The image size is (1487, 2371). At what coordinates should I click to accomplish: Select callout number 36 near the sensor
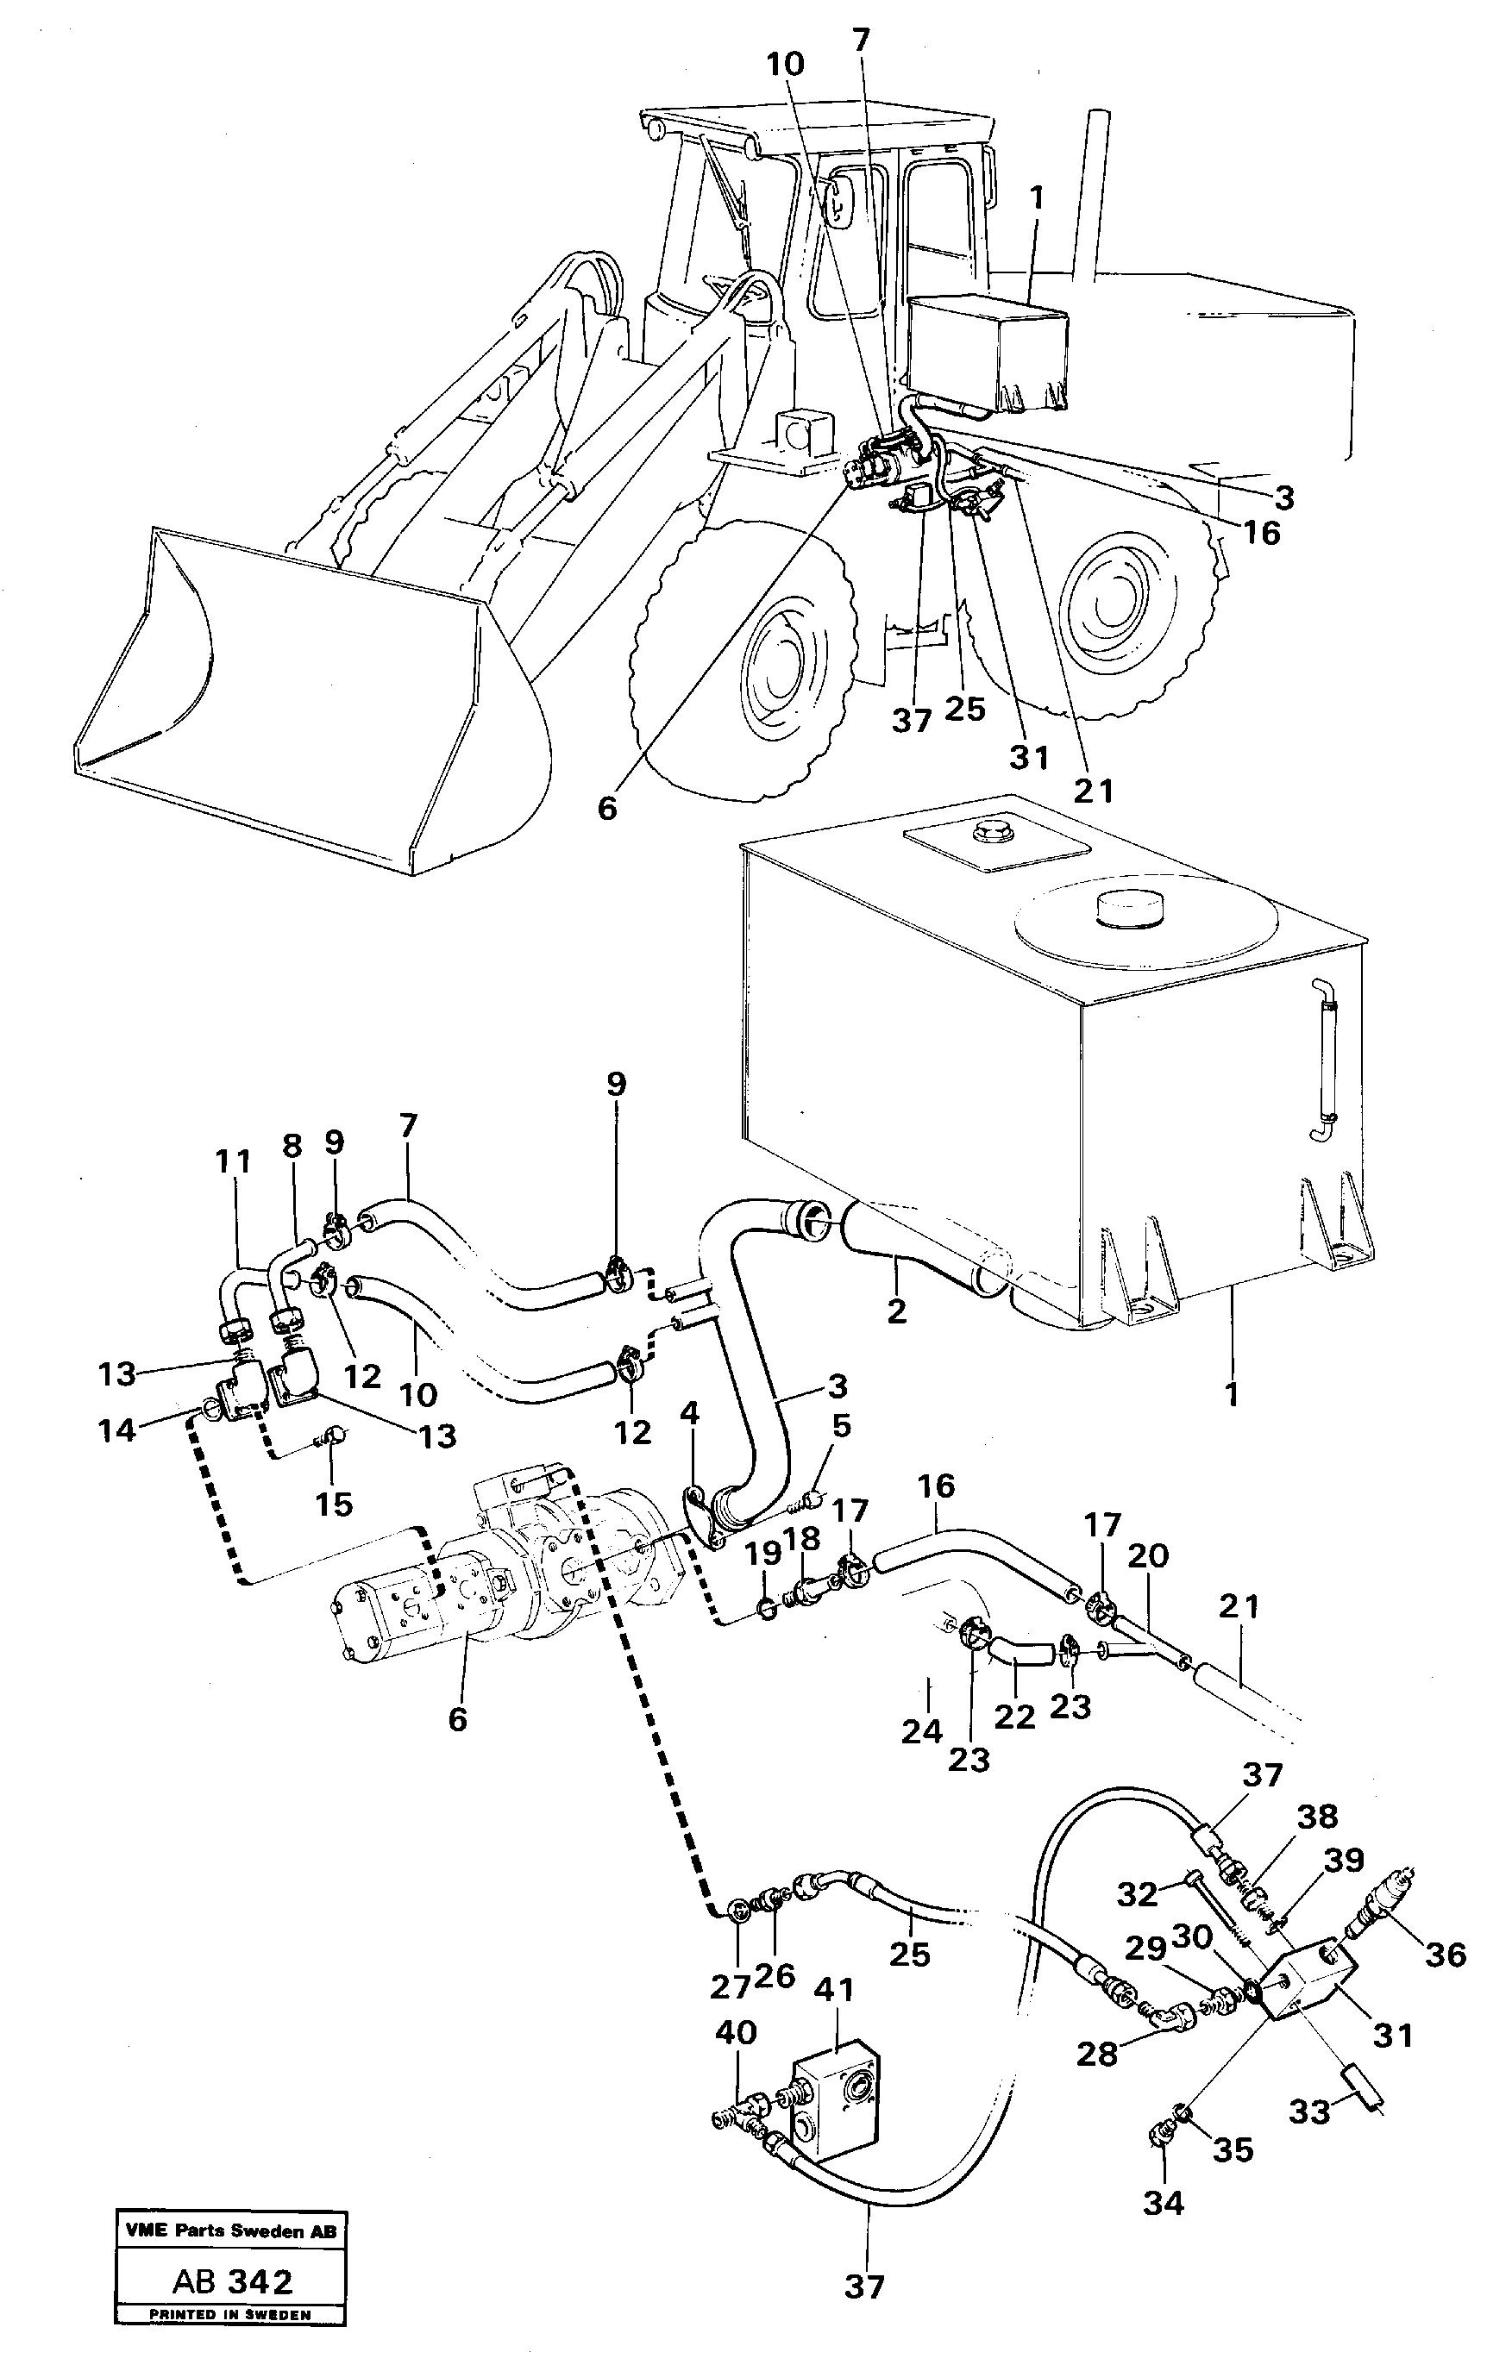tap(1445, 1953)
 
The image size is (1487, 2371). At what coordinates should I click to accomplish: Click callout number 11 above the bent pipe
tap(233, 1162)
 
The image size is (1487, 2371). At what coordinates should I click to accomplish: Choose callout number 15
tap(334, 1503)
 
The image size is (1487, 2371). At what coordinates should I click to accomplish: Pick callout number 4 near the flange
tap(689, 1415)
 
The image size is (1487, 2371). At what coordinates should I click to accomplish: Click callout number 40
tap(735, 2031)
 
